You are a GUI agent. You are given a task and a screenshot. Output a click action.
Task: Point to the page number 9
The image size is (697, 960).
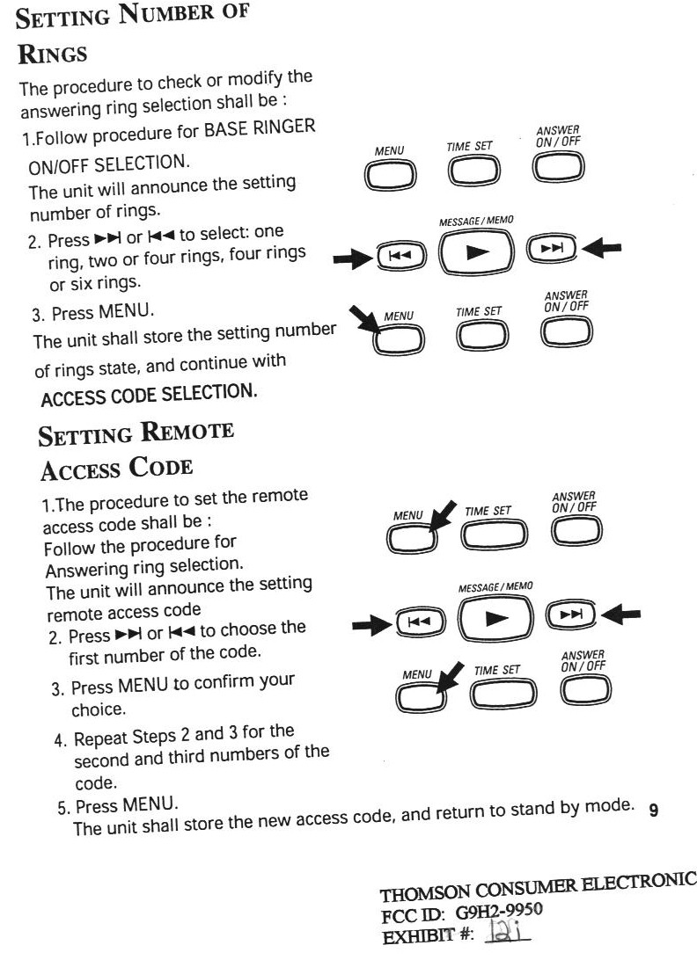653,811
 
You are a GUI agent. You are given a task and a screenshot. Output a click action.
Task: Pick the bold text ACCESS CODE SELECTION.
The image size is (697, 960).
149,395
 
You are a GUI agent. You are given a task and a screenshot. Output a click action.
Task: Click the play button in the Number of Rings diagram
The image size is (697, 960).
476,252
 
